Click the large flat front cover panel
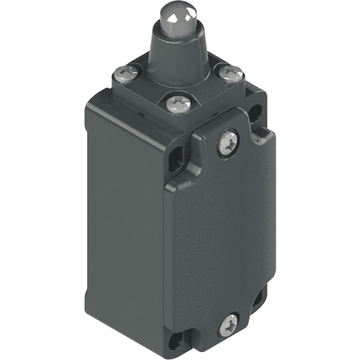tap(222, 240)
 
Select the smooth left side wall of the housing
tap(120, 210)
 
